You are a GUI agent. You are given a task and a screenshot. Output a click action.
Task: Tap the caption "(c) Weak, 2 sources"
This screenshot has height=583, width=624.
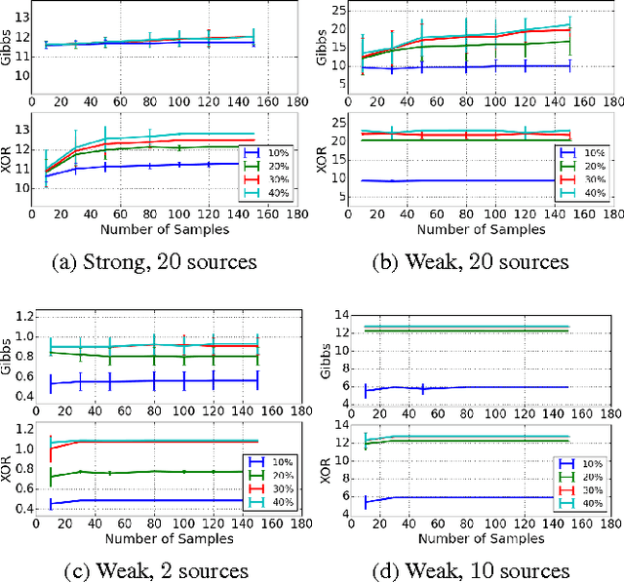pos(153,570)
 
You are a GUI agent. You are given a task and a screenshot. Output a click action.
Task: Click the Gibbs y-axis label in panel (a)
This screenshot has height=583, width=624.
pos(11,44)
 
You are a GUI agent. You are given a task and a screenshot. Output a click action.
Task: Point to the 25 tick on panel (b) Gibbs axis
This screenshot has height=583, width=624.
pos(345,11)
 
